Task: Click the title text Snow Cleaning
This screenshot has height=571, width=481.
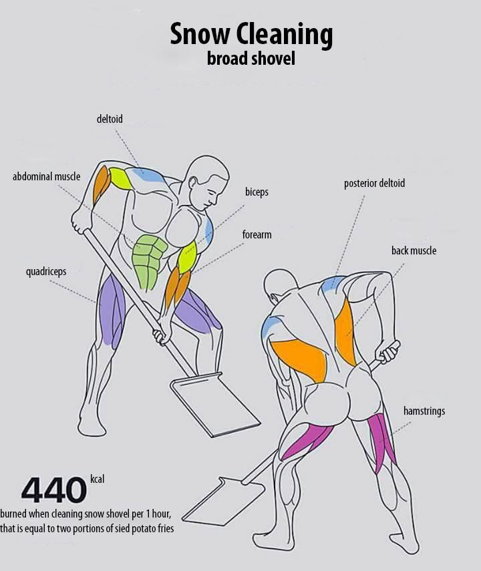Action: click(x=251, y=34)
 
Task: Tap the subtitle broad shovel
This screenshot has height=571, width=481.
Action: click(x=251, y=59)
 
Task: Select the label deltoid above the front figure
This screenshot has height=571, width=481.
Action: click(x=110, y=120)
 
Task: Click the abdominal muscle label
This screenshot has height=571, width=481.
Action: click(x=46, y=177)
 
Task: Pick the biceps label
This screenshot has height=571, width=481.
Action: click(x=257, y=192)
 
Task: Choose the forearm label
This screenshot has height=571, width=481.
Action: click(x=257, y=235)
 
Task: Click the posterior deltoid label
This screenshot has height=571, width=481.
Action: click(x=374, y=183)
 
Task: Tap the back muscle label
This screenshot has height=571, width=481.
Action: click(x=414, y=250)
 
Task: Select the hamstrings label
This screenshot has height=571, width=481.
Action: click(x=424, y=411)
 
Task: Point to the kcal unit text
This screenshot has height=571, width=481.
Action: click(x=98, y=479)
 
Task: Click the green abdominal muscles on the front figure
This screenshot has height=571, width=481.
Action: click(x=149, y=260)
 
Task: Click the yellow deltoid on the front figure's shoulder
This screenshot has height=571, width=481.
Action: click(x=122, y=178)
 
